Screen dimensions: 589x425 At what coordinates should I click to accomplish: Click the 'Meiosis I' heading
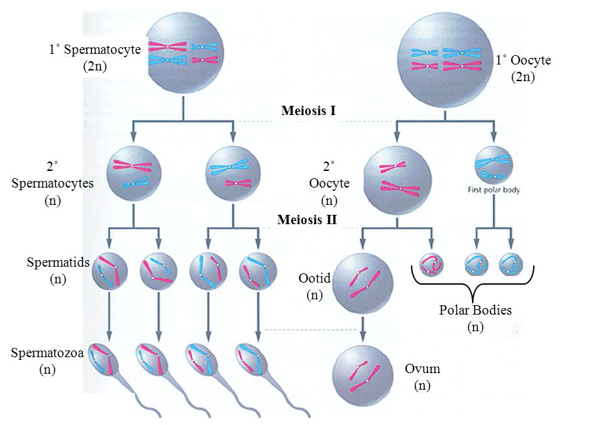(308, 110)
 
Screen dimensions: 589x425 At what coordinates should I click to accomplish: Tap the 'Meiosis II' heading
(307, 219)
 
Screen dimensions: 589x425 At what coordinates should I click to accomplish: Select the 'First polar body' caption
(493, 190)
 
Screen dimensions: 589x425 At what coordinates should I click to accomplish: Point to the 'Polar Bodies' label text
(475, 310)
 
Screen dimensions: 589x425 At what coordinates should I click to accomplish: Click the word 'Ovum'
(422, 368)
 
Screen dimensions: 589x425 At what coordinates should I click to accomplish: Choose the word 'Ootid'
(314, 278)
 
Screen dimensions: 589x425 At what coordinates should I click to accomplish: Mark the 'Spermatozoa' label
(47, 353)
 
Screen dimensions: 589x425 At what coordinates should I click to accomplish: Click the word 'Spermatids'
(58, 262)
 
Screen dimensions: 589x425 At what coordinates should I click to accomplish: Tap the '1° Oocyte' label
(523, 60)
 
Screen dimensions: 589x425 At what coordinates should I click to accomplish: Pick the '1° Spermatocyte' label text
(94, 49)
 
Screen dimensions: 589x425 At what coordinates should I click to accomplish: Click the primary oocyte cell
(445, 60)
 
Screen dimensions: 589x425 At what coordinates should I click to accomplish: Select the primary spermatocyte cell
(184, 53)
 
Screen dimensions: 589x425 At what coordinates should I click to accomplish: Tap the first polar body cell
(494, 165)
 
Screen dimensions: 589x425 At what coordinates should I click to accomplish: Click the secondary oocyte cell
(398, 180)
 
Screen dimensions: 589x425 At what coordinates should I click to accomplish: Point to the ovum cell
(363, 376)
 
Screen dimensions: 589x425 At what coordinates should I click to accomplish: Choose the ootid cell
(363, 284)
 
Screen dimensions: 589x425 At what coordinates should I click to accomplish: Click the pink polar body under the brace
(431, 264)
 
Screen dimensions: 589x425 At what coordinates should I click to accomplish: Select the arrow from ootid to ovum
(363, 329)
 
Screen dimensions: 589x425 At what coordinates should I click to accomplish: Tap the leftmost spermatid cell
(110, 271)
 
